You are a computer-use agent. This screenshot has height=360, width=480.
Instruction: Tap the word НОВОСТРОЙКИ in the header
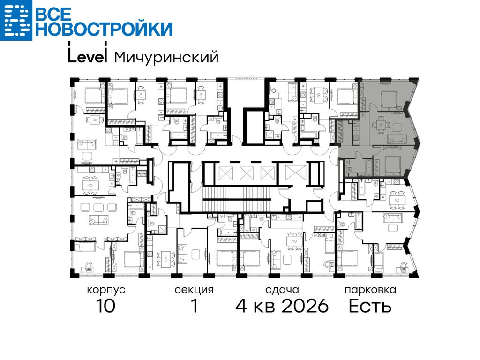point(105,29)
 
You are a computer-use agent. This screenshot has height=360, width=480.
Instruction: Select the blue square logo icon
point(16,20)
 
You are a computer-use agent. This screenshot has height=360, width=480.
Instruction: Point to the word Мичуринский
point(166,57)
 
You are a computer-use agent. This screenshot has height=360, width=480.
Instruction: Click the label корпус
point(106,290)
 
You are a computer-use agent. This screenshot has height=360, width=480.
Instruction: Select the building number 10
point(105,306)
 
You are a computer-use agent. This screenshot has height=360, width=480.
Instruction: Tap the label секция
point(194,290)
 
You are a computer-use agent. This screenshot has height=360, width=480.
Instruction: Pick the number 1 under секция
point(195,306)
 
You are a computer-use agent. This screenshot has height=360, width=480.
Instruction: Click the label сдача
point(282,290)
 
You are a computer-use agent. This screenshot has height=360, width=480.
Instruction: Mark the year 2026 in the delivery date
point(305,306)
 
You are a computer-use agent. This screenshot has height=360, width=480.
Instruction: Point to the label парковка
point(370,290)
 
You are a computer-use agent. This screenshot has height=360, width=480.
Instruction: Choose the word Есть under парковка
point(370,306)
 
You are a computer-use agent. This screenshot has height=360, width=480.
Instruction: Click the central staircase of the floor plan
point(237,199)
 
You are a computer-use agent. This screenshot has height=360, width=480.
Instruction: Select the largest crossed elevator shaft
point(295,173)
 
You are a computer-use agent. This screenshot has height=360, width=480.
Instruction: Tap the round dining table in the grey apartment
point(380,125)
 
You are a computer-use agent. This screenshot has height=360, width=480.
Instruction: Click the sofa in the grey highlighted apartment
point(397,139)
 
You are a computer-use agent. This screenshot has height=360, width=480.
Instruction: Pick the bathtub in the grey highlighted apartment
point(368,167)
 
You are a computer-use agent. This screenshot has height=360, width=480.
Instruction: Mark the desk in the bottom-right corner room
point(404,270)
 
